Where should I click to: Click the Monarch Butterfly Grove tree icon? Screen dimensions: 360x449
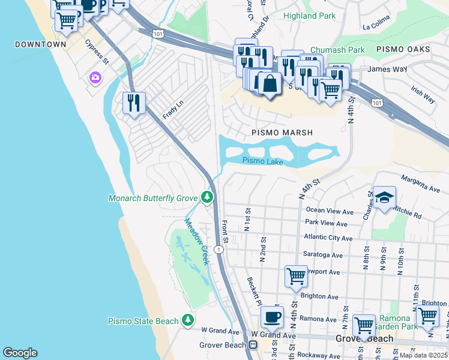point(207,197)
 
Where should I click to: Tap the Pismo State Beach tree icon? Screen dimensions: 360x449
point(188,321)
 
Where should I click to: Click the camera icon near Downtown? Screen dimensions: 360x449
point(95,77)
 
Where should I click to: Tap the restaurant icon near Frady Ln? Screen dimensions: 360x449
point(134,102)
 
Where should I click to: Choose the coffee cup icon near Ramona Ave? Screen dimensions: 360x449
point(272,315)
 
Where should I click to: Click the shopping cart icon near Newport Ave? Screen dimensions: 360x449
point(296,277)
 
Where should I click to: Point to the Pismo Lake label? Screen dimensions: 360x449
point(262,160)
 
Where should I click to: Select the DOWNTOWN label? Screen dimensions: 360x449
point(40,44)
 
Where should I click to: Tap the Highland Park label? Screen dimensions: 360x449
point(309,16)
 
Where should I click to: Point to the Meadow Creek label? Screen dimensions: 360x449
point(196,242)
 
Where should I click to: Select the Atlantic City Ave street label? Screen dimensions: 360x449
point(329,237)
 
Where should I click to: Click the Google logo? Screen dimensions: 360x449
point(20,353)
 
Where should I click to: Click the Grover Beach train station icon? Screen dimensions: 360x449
point(253,345)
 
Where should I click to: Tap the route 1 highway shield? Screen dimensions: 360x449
point(219,250)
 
